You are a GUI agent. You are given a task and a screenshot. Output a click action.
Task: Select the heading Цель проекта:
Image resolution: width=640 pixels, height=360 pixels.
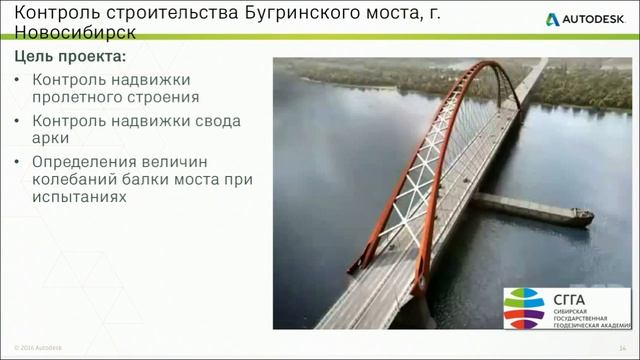click(x=70, y=57)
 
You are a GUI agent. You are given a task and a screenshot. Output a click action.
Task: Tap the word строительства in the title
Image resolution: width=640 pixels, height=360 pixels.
click(x=164, y=13)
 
